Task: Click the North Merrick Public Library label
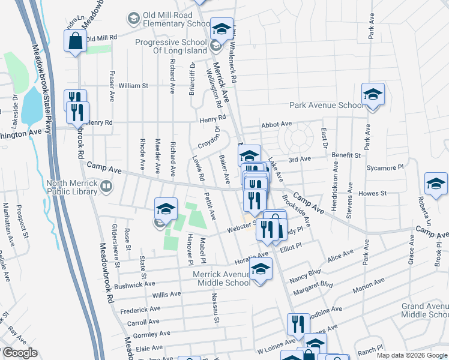pos(71,187)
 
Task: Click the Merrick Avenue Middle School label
pos(221,278)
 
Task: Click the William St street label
pos(133,86)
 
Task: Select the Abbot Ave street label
pos(276,124)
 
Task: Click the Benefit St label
pos(345,155)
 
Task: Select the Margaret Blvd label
pos(312,287)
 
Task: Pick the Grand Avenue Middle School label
pos(424,310)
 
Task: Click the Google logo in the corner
pos(20,353)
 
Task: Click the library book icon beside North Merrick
pos(106,187)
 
